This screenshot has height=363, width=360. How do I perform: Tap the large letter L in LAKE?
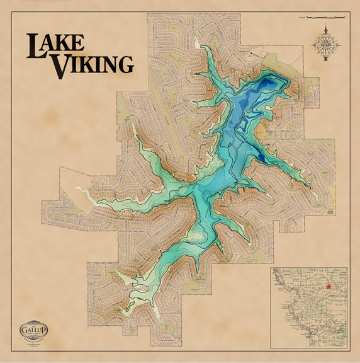pyautogui.click(x=35, y=45)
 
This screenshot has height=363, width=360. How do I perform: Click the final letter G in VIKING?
pyautogui.click(x=126, y=64)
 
